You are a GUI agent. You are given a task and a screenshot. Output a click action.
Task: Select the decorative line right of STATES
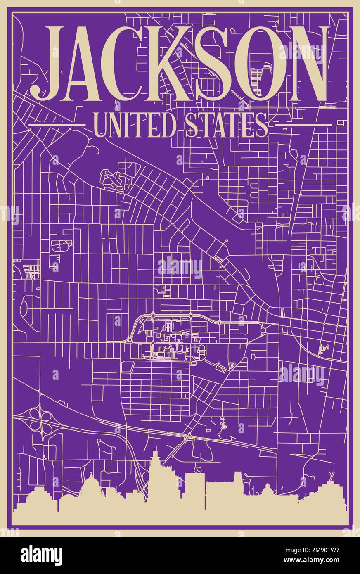coord(303,124)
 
